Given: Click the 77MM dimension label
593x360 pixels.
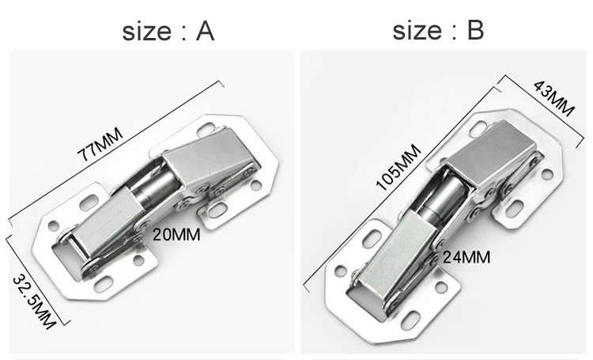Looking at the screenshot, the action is point(100,145).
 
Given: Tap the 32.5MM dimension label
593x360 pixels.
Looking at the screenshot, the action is point(34,301).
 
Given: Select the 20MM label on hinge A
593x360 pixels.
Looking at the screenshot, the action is point(176,235).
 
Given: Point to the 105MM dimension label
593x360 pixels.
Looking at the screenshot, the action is point(398,167).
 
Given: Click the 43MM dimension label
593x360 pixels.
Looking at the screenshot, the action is point(554,98).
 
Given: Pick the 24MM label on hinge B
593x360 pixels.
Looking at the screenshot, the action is point(466,257).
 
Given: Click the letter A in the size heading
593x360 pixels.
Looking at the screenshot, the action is point(206,31).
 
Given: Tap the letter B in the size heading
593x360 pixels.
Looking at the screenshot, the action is point(476,30).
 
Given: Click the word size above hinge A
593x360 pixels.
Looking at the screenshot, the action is point(147,31).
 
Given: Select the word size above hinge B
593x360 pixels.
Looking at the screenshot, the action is point(417,30).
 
